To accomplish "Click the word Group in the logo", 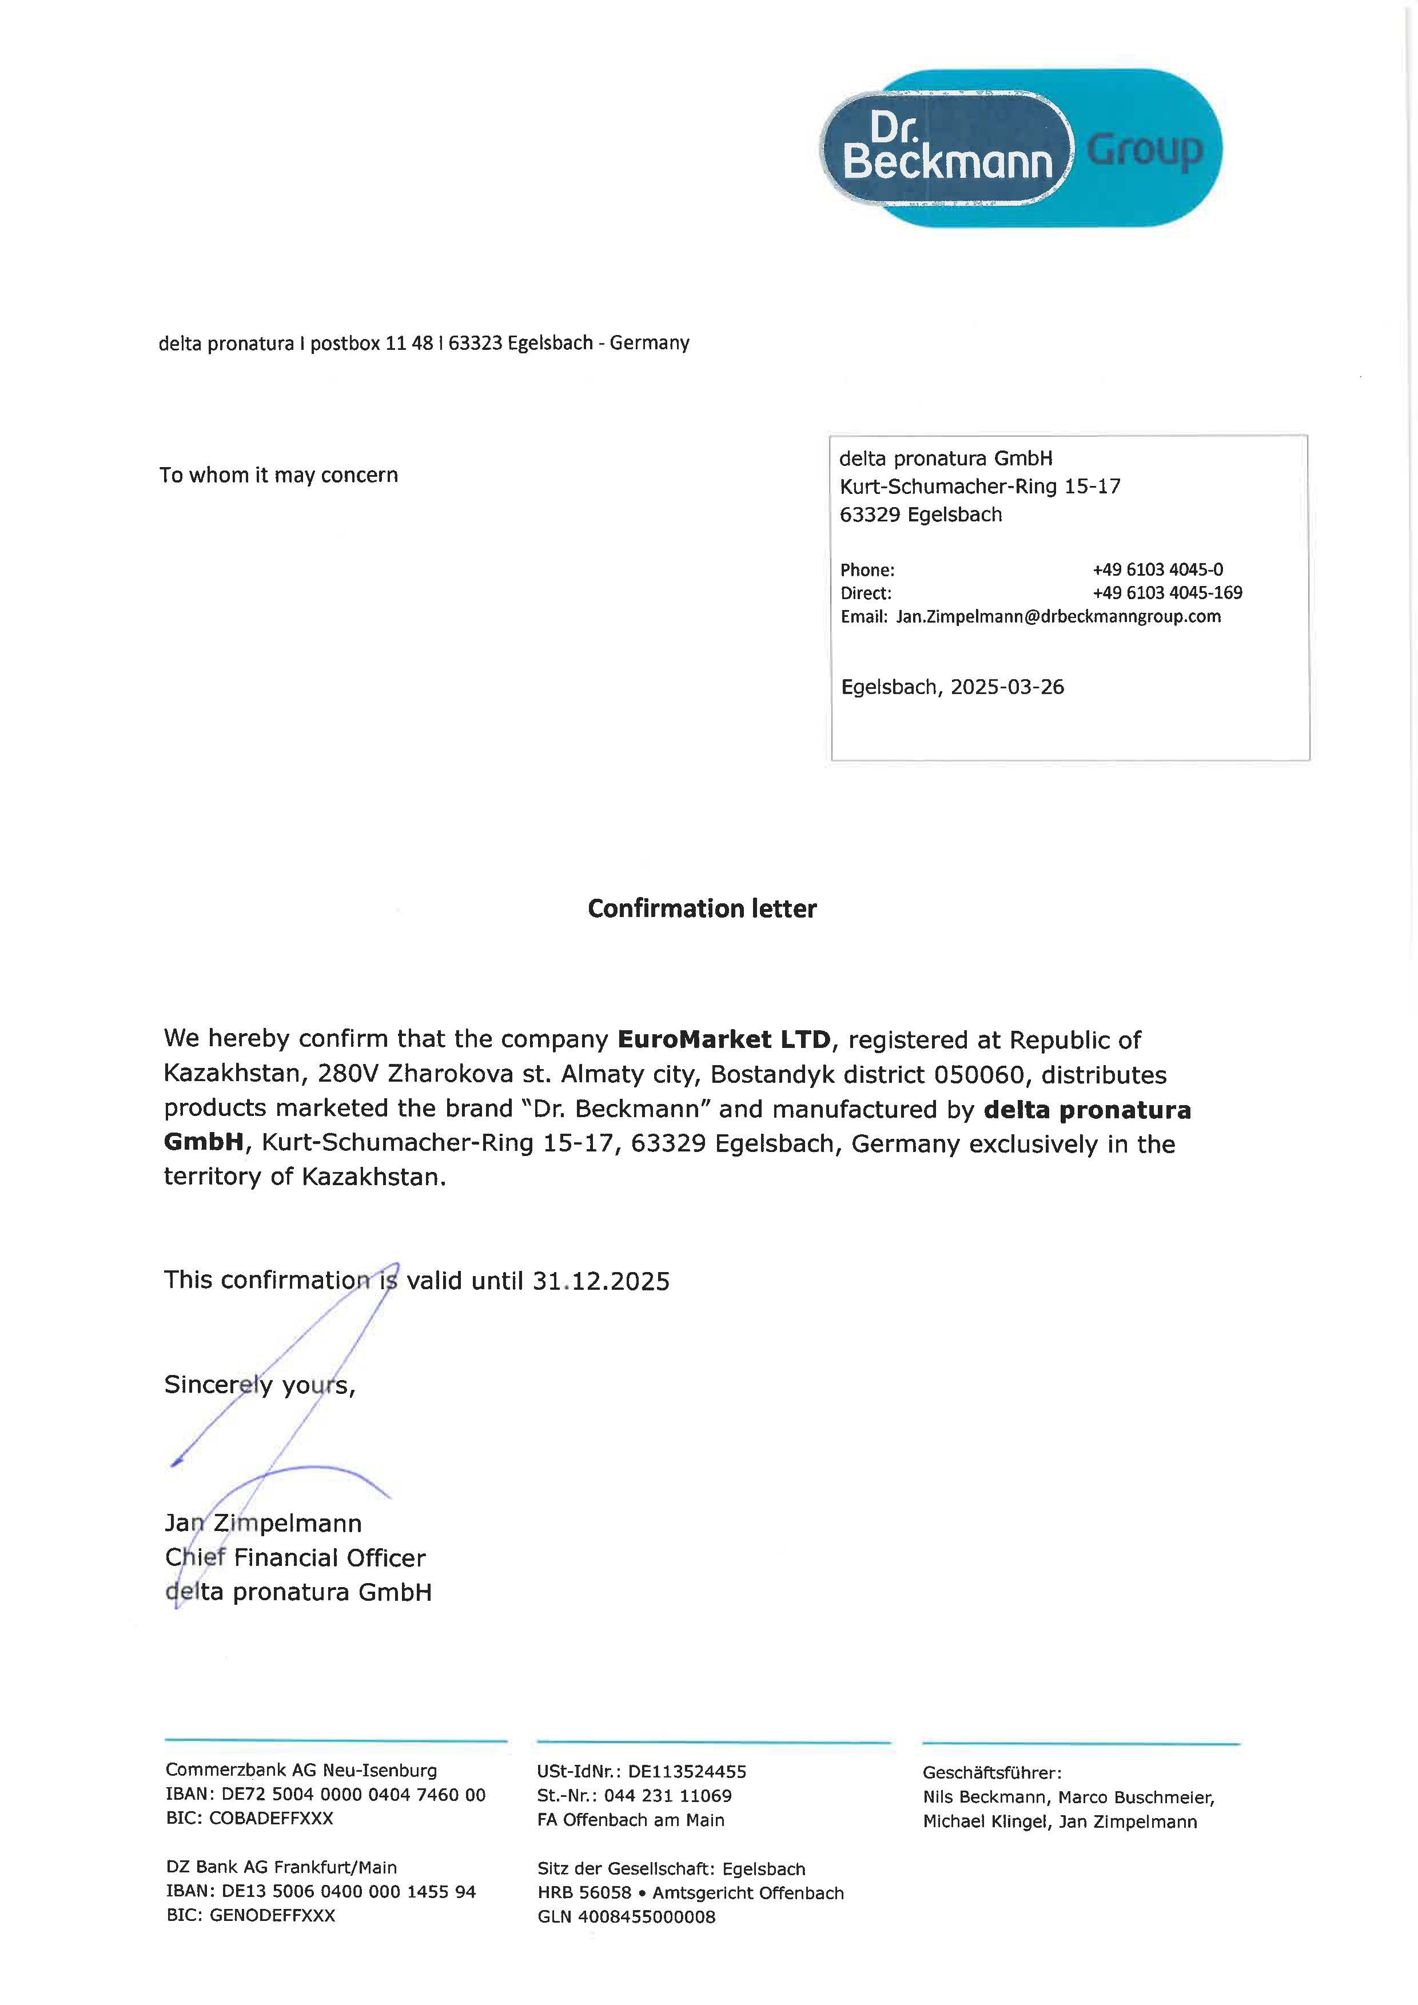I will click(1145, 150).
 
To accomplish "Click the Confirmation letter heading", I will click(702, 909).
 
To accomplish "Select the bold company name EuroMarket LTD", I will click(724, 1039).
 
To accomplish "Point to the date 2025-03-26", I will click(1007, 687).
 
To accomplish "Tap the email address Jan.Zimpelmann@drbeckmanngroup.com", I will click(1058, 616).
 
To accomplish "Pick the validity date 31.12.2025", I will click(601, 1282).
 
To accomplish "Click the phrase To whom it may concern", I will click(278, 475).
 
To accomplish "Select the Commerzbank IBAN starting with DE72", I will click(353, 1795).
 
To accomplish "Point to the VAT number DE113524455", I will click(687, 1772).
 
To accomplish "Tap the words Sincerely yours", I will click(260, 1386).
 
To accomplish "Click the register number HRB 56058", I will click(584, 1893).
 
